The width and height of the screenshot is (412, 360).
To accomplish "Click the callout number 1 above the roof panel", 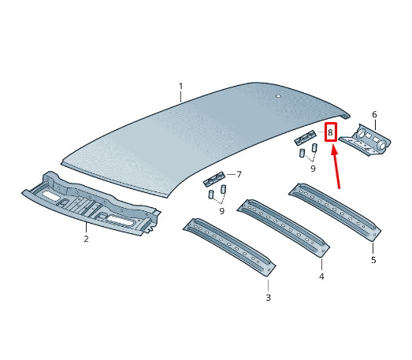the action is click(x=180, y=86).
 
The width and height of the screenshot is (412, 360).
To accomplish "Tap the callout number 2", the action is click(x=86, y=239).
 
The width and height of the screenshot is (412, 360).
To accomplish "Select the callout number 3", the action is click(x=268, y=298).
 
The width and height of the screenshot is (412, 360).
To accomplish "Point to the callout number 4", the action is click(x=321, y=276).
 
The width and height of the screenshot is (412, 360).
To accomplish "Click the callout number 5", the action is click(x=373, y=260).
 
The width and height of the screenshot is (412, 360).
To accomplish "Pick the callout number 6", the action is click(x=374, y=114).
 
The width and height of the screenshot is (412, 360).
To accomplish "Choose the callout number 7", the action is click(x=239, y=174).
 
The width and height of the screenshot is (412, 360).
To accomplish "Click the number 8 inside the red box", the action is click(x=330, y=132).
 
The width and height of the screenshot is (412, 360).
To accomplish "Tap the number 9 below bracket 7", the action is click(x=222, y=211).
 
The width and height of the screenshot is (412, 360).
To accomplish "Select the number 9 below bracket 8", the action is click(x=313, y=168).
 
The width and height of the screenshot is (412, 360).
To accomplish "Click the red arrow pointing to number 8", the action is click(x=336, y=167).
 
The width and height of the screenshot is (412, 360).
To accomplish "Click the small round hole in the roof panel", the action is click(x=278, y=96).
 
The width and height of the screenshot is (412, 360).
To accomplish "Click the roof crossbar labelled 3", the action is click(x=229, y=247).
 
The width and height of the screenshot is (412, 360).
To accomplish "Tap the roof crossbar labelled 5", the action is click(x=335, y=212).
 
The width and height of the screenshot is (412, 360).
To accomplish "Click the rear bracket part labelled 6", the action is click(x=366, y=140).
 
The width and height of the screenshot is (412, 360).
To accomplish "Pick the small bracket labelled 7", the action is click(x=214, y=179).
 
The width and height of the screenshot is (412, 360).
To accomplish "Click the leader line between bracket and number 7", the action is click(x=231, y=174).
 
